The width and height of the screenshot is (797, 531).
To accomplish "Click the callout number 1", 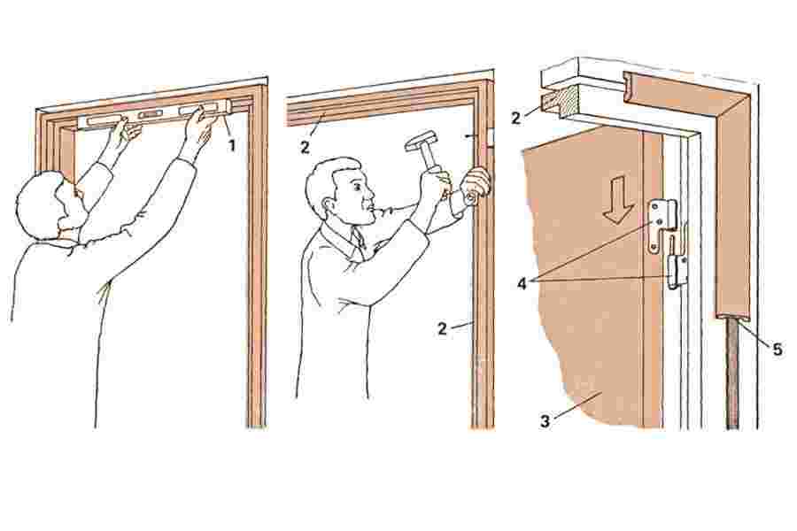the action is coord(232,146).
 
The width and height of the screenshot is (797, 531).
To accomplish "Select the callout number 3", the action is coord(545,421).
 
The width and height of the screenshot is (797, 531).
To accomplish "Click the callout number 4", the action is coord(522,283).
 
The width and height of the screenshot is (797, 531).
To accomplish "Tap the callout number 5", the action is coord(778,349).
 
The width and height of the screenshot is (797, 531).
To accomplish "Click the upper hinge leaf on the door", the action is coord(661,225).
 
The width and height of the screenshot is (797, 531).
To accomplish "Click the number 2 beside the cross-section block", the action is coord(516,118).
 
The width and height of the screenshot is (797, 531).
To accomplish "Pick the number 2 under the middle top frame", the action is coord(305,148).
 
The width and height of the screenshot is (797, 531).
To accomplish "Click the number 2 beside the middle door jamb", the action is coord(442,328).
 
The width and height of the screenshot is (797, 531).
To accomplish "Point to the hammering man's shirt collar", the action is coord(345,238).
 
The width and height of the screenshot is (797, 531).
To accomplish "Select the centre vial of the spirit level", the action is coord(151,115).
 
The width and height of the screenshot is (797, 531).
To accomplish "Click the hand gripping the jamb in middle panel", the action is coord(476,186).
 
